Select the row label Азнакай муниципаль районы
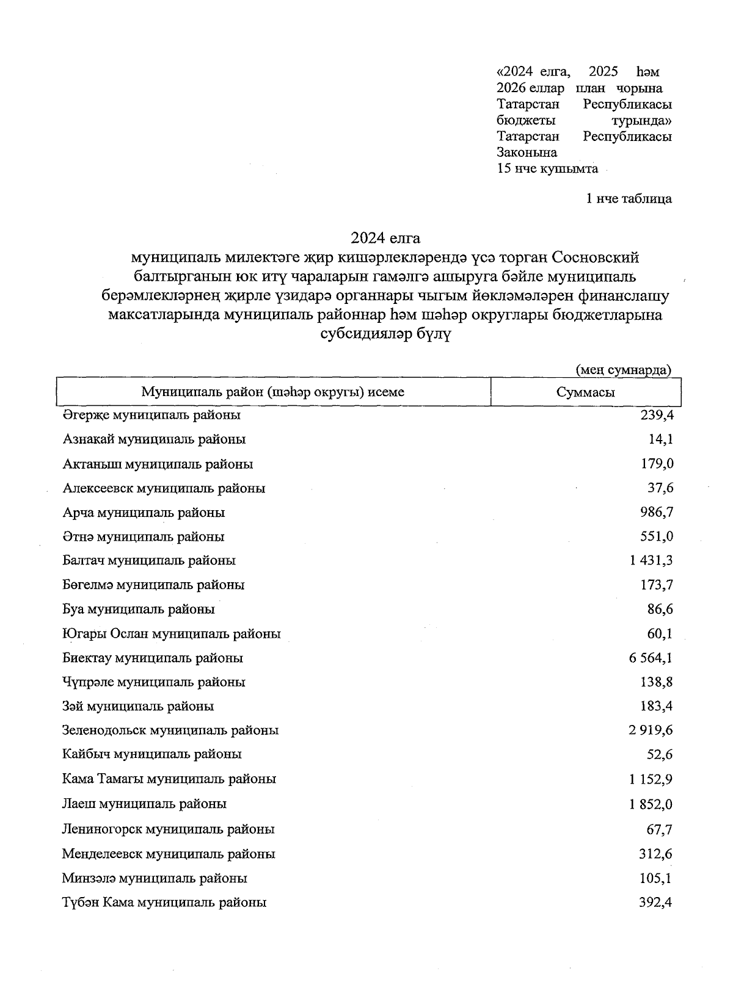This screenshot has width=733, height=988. click(154, 439)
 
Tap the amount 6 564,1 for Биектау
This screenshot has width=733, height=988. click(651, 658)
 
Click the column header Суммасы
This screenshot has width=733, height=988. click(585, 392)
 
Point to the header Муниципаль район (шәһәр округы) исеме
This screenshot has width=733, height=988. click(272, 392)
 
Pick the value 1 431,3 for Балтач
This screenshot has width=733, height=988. click(651, 560)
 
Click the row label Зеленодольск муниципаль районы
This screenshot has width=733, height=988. click(170, 730)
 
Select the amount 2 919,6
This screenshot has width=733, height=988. click(651, 730)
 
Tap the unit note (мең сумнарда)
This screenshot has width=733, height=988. click(624, 370)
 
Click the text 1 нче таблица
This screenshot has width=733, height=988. click(629, 198)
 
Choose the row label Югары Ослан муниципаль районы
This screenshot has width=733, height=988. click(171, 633)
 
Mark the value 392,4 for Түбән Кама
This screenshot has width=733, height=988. click(655, 902)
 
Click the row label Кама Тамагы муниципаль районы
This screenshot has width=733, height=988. click(169, 779)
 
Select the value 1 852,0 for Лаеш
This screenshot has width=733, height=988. click(651, 804)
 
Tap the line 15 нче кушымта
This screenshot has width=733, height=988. click(547, 168)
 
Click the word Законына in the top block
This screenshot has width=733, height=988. click(527, 153)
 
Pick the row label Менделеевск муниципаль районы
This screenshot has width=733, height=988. click(168, 854)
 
